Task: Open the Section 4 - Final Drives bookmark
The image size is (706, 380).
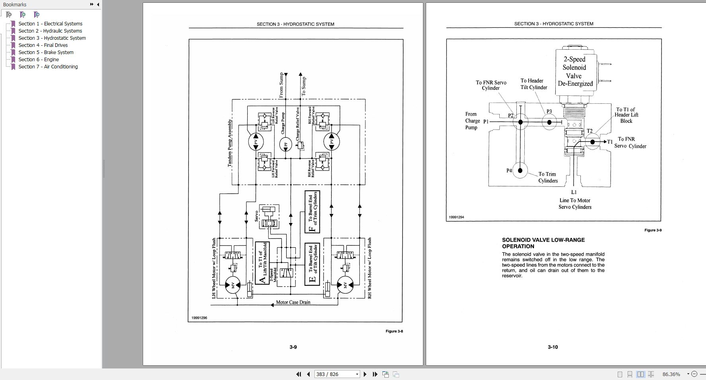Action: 43,45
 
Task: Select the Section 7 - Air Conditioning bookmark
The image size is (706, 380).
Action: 48,67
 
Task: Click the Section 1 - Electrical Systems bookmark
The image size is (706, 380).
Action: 50,24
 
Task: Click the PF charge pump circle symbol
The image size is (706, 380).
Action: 285,144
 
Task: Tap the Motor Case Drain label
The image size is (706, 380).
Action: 293,302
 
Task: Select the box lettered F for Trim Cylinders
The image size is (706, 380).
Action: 312,211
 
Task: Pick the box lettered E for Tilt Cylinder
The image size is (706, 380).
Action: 312,264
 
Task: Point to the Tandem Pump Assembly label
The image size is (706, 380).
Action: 230,143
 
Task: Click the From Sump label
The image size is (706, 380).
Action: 282,85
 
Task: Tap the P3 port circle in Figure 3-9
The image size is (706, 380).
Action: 550,122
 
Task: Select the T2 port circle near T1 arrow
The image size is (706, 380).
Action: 592,142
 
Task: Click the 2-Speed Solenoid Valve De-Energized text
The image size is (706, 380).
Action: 575,72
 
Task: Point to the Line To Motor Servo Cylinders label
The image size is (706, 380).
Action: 575,204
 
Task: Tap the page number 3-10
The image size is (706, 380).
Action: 553,347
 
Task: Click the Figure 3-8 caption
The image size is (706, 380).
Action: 394,331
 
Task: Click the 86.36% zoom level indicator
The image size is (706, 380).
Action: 671,374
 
